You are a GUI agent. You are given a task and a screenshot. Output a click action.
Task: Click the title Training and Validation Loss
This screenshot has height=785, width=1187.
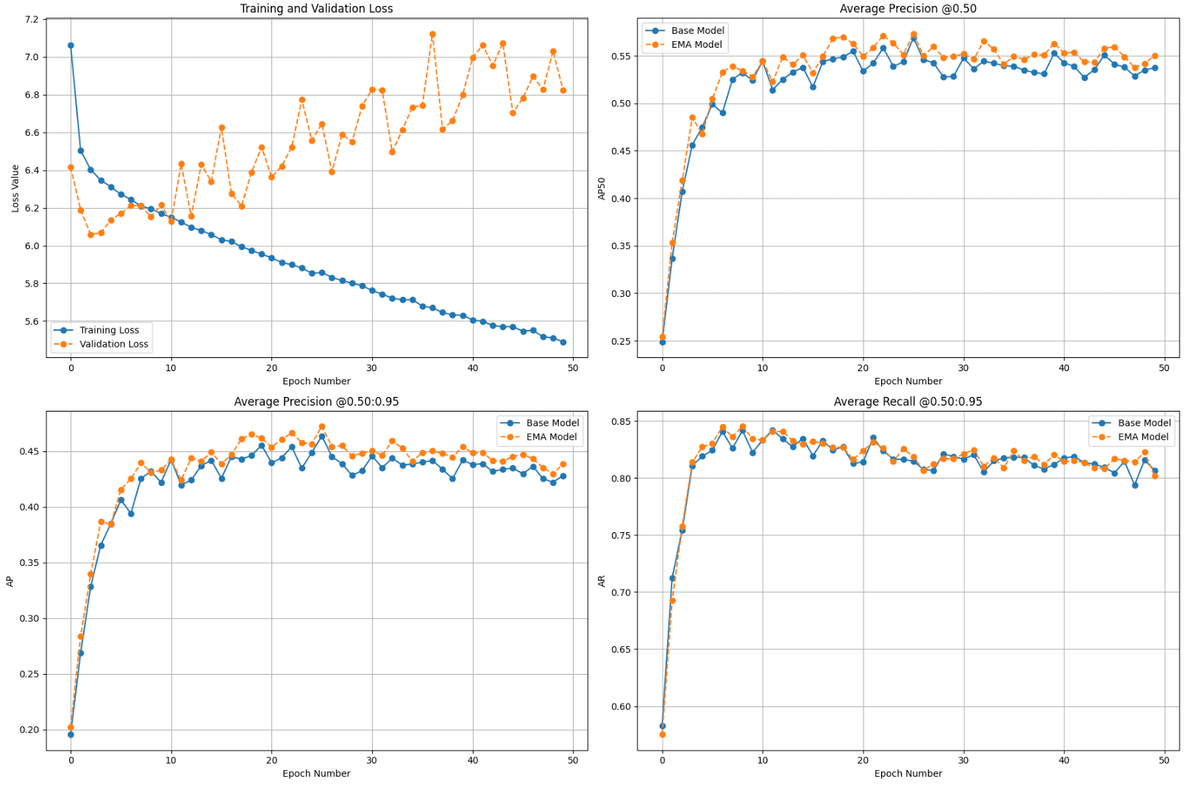316,9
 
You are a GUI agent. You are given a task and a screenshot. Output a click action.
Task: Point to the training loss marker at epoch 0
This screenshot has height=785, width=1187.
71,46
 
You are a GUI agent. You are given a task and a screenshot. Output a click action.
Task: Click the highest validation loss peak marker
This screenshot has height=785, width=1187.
432,35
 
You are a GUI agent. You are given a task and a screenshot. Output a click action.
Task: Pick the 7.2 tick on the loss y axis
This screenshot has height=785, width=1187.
31,19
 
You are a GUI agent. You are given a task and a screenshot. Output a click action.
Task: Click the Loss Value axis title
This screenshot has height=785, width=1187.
15,189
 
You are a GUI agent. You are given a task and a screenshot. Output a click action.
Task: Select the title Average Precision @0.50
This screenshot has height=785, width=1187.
908,9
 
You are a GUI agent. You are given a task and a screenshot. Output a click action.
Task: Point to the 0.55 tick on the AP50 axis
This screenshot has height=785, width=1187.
621,57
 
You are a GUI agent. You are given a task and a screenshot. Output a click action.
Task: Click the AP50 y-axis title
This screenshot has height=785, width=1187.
602,189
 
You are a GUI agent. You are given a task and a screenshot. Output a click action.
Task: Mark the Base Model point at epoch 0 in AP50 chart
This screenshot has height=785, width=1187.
663,343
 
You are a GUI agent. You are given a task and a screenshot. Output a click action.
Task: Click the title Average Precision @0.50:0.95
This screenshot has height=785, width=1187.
316,401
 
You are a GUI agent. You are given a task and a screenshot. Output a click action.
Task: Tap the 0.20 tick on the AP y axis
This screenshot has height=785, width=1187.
30,730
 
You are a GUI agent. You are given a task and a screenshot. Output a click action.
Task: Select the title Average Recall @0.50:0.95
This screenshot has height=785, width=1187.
908,401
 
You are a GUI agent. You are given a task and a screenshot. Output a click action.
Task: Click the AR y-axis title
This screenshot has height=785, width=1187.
602,581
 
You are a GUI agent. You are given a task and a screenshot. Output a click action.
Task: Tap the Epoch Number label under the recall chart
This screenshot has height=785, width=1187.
908,773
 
